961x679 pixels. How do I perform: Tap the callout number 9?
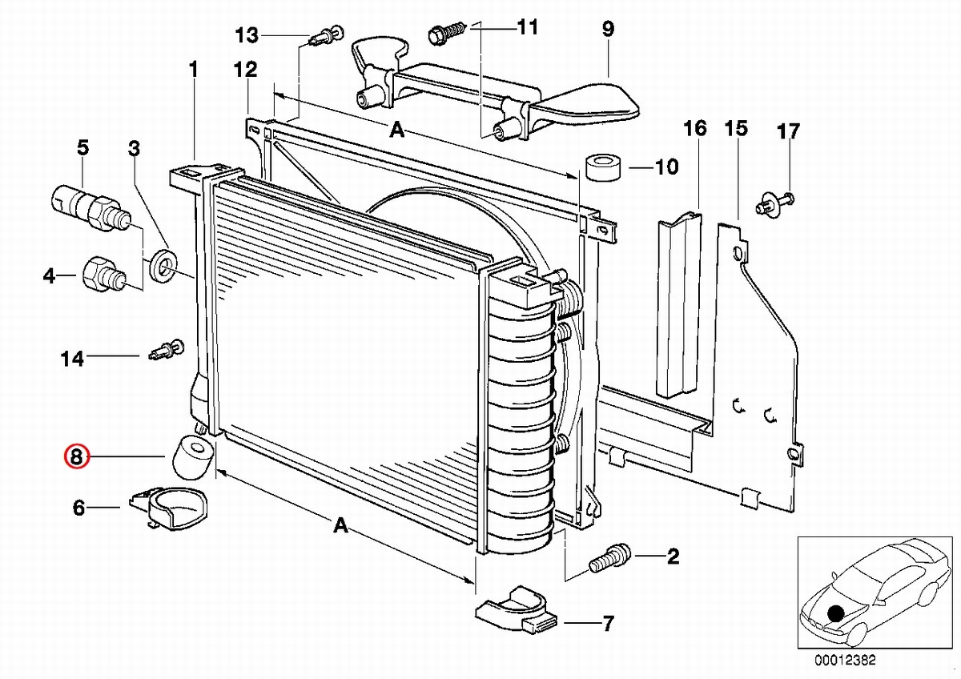coord(608,30)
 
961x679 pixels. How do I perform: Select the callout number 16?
coord(695,128)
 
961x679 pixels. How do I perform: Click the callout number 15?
coord(736,128)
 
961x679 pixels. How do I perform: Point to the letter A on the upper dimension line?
coord(396,131)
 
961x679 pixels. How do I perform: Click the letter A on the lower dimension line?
coord(340,525)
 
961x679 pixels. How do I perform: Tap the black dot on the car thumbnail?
coord(836,613)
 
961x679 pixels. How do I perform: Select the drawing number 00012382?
coord(846,661)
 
